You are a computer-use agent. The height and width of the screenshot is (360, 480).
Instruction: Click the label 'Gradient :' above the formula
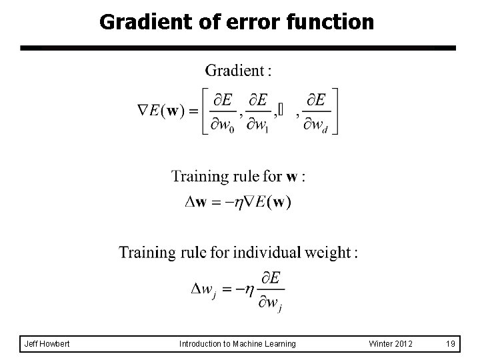click(238, 71)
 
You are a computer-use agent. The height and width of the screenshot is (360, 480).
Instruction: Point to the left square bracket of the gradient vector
click(205, 111)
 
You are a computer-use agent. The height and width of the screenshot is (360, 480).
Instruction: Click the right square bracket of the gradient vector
click(335, 111)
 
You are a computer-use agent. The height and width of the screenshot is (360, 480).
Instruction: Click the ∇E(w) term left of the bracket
click(162, 111)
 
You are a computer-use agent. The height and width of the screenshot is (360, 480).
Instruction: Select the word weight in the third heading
click(331, 253)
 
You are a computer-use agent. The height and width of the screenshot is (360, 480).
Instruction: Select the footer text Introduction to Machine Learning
click(238, 344)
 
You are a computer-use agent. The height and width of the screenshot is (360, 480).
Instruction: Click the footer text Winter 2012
click(390, 344)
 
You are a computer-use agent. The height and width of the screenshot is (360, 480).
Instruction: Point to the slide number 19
click(451, 344)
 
